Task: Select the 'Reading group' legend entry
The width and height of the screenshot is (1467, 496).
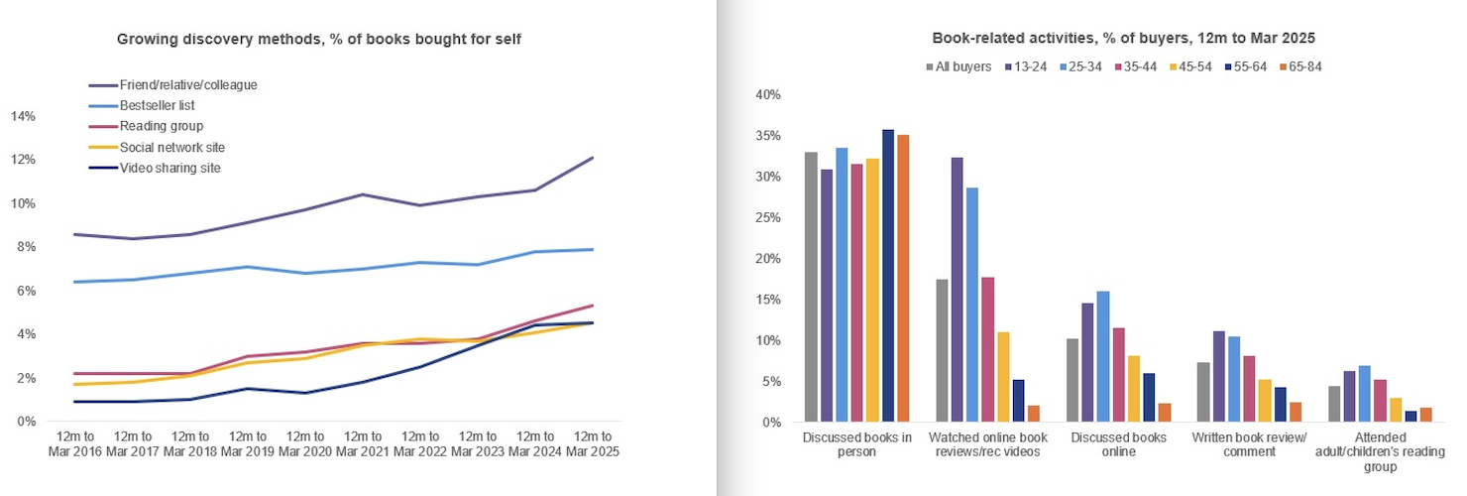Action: (x=161, y=126)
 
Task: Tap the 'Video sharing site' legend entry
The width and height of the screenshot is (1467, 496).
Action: (x=169, y=168)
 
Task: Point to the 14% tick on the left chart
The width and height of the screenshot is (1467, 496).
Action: (x=23, y=116)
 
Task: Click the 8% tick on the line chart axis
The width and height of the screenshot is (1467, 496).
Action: (x=27, y=247)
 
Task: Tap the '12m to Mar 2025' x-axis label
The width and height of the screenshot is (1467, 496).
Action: (x=592, y=443)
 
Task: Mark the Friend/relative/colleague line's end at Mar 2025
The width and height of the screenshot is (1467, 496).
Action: (x=593, y=158)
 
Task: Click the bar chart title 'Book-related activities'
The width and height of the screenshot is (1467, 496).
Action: (x=1123, y=39)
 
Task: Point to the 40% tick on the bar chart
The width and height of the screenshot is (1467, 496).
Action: (x=769, y=95)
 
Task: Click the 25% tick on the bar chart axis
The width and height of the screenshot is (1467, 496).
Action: (x=769, y=218)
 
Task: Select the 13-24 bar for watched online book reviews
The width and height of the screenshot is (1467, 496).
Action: (x=957, y=290)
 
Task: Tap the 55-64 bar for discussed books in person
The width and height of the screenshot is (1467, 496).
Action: (x=887, y=276)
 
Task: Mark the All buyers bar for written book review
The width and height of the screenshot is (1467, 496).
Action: (x=1202, y=392)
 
